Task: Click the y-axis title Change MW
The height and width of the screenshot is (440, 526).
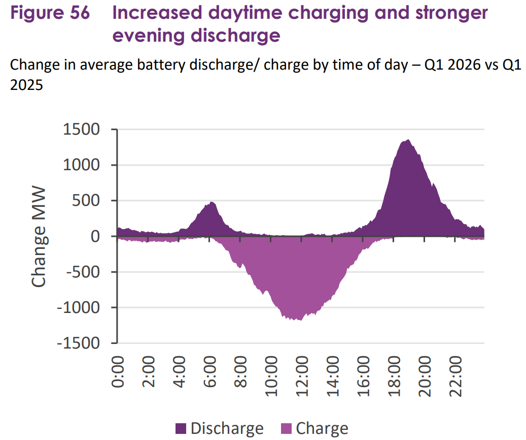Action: coord(39,237)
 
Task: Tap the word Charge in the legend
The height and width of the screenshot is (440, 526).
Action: coord(322,428)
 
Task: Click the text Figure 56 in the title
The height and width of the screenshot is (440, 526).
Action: coord(50,13)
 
